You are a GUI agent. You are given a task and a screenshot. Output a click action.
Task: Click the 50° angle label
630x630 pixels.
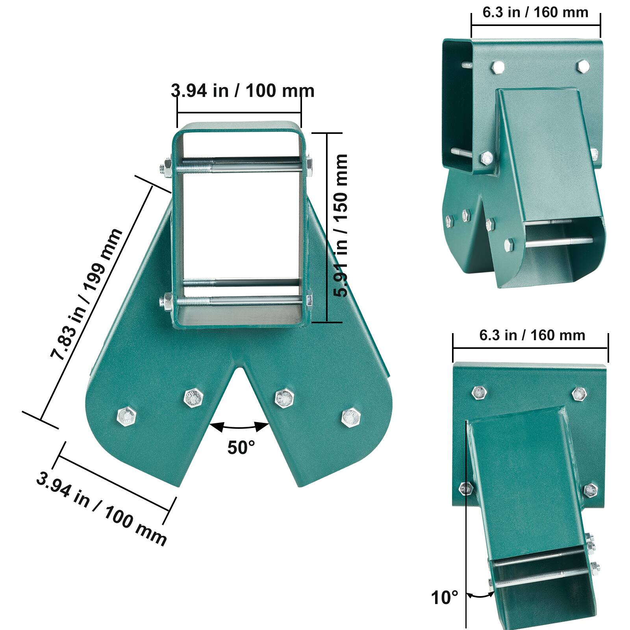point(241,448)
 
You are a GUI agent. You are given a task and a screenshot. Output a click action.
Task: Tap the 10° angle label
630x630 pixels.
point(445,598)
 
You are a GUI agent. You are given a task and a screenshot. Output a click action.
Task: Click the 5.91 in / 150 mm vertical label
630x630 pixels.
point(340,225)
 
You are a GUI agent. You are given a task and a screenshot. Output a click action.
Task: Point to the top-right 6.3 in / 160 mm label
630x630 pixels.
point(535,12)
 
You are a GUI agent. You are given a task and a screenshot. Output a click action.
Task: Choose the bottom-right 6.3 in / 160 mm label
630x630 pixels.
point(532,335)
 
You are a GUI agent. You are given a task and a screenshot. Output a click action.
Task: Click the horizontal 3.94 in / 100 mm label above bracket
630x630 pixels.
point(243,91)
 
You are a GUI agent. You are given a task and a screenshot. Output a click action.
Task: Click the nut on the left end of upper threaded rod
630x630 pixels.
point(165,169)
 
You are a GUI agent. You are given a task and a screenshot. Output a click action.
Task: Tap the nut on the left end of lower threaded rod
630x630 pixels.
point(165,302)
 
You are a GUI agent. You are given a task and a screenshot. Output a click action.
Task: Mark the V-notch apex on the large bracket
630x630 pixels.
point(237,368)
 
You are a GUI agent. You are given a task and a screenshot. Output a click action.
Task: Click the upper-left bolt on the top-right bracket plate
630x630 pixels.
point(498,67)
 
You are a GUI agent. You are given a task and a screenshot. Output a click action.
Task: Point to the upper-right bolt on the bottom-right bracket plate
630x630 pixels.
point(579,394)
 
